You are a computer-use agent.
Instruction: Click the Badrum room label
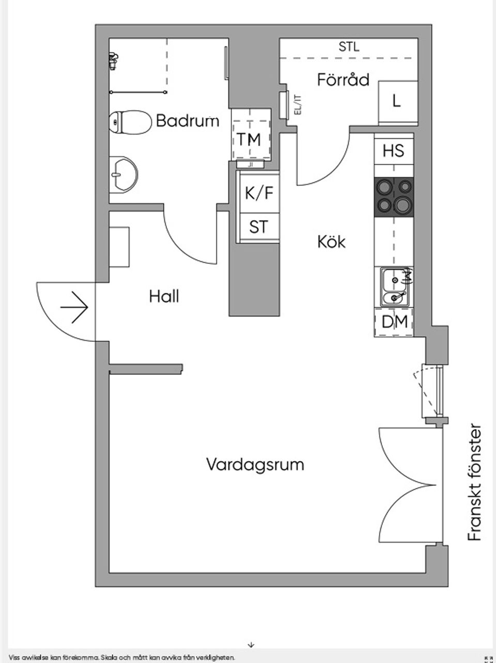click(x=187, y=121)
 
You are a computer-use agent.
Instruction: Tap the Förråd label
click(x=344, y=80)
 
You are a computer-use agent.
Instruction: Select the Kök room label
click(x=331, y=241)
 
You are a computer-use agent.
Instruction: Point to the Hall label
click(x=164, y=296)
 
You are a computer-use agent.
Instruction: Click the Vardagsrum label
click(x=255, y=464)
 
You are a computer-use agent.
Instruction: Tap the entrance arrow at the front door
click(x=75, y=308)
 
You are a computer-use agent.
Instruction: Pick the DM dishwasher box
click(x=394, y=322)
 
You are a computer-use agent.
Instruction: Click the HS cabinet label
click(x=394, y=151)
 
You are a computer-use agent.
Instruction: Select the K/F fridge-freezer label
click(x=258, y=193)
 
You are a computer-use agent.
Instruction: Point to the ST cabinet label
click(x=258, y=226)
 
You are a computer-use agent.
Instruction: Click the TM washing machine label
click(x=249, y=139)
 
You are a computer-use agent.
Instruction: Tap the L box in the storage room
click(x=397, y=101)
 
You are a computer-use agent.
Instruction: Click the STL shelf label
click(x=349, y=48)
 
